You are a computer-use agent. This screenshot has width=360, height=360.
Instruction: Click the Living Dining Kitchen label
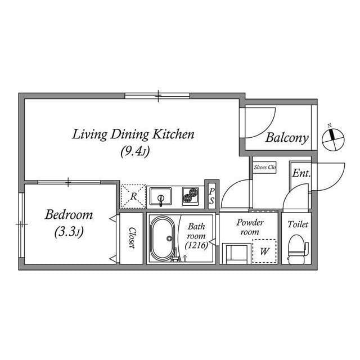(x=133, y=134)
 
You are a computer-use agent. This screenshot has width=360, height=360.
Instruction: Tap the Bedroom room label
(x=69, y=215)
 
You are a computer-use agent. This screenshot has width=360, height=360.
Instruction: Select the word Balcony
(x=287, y=138)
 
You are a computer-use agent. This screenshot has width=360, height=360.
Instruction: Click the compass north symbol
(x=333, y=139)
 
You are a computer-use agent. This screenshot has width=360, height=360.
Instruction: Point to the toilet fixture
(x=298, y=249)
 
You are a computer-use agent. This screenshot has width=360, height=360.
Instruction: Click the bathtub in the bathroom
(x=163, y=238)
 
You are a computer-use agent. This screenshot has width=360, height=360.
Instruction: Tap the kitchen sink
(x=160, y=196)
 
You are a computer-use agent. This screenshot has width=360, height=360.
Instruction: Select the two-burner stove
(x=190, y=196)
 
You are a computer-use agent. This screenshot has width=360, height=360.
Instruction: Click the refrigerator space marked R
(x=133, y=196)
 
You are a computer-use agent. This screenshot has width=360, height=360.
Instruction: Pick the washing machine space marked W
(x=264, y=251)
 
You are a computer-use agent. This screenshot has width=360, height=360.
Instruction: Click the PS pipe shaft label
(x=211, y=196)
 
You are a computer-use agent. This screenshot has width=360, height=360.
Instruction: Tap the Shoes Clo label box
(x=264, y=168)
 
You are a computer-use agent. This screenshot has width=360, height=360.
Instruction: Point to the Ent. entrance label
(x=301, y=173)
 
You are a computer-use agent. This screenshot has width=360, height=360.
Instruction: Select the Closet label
(x=132, y=237)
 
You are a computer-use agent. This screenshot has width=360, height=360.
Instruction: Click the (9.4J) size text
(x=135, y=151)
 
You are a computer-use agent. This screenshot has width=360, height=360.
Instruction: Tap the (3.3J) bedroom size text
(x=69, y=232)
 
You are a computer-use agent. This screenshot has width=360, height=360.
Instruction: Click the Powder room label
(x=250, y=227)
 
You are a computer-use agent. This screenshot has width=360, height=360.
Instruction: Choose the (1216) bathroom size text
(x=196, y=245)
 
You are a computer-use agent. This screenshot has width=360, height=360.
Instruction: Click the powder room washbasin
(x=237, y=254)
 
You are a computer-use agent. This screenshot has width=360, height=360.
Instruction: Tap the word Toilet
(x=298, y=224)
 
